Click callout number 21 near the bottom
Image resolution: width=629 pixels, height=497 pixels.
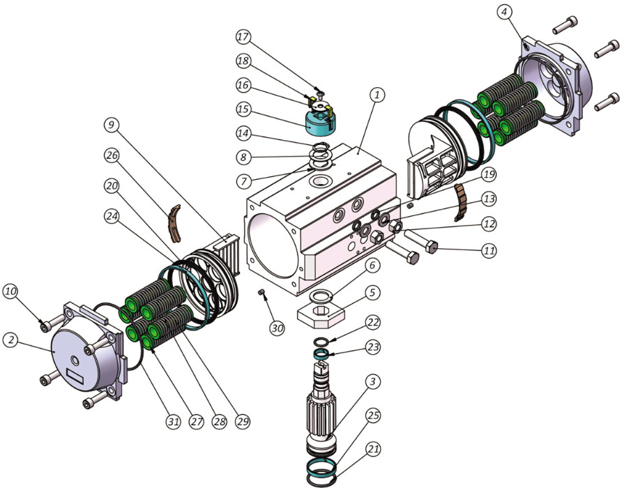[373, 450]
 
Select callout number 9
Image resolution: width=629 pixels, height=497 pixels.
[112, 125]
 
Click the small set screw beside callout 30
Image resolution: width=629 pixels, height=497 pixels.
[263, 293]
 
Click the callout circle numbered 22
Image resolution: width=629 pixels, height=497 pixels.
[373, 323]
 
